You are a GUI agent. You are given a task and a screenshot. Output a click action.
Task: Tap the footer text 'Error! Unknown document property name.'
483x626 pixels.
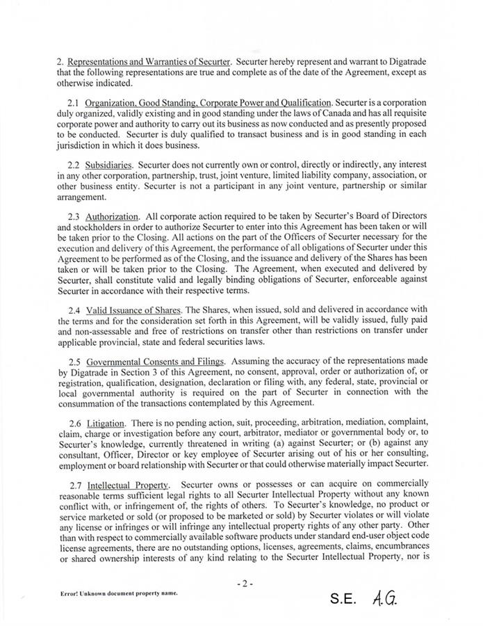coord(115,593)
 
